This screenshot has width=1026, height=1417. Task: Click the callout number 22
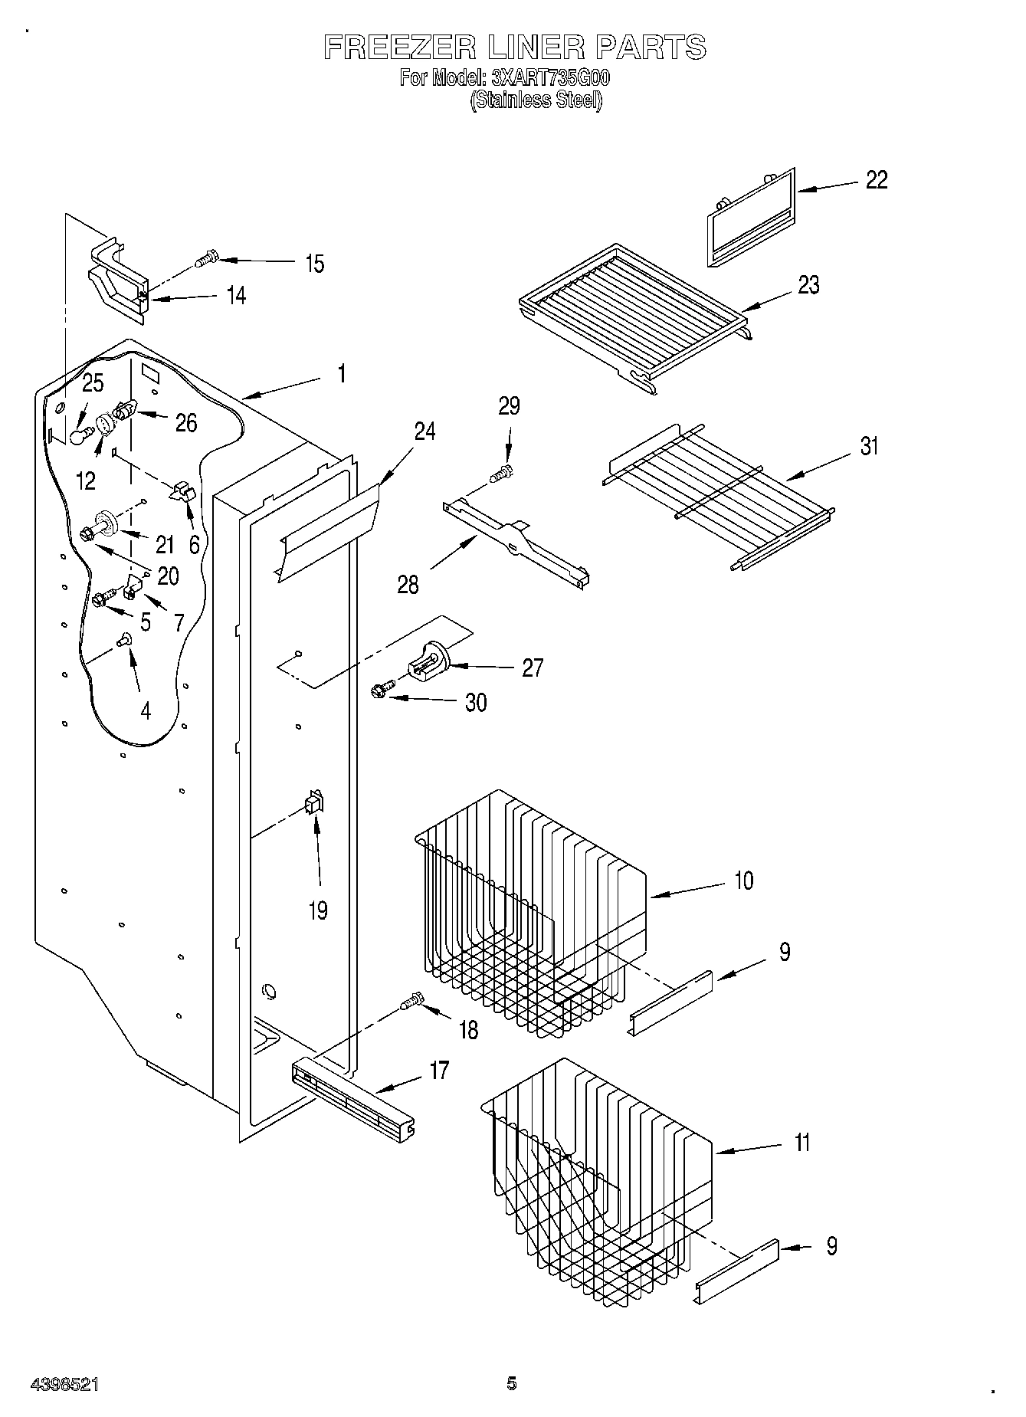pyautogui.click(x=877, y=180)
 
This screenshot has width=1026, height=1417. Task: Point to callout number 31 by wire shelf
pyautogui.click(x=869, y=446)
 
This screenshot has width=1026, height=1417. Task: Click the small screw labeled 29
pyautogui.click(x=502, y=474)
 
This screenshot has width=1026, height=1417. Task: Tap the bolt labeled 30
pyautogui.click(x=381, y=690)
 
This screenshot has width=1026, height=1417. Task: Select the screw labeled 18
pyautogui.click(x=411, y=1001)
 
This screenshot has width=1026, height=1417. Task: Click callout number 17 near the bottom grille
pyautogui.click(x=438, y=1069)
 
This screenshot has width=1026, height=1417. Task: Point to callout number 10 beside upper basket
pyautogui.click(x=743, y=881)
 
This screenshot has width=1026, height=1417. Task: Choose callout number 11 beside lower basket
pyautogui.click(x=801, y=1143)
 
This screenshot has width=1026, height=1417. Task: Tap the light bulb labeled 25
pyautogui.click(x=80, y=435)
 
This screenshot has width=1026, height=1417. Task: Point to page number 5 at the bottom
pyautogui.click(x=511, y=1383)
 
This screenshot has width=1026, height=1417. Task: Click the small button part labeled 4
pyautogui.click(x=123, y=639)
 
